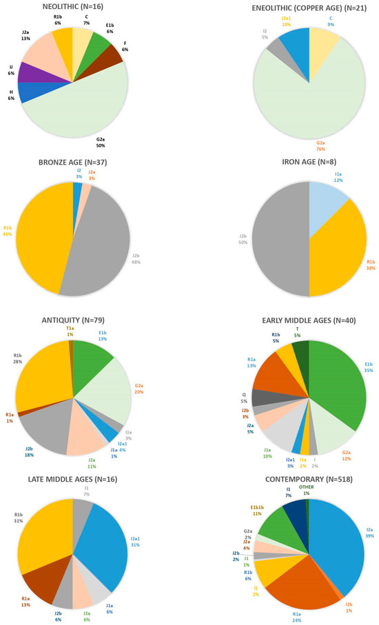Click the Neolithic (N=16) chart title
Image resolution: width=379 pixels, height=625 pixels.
tap(72, 6)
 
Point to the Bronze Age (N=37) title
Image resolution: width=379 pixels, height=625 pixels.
tap(72, 163)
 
